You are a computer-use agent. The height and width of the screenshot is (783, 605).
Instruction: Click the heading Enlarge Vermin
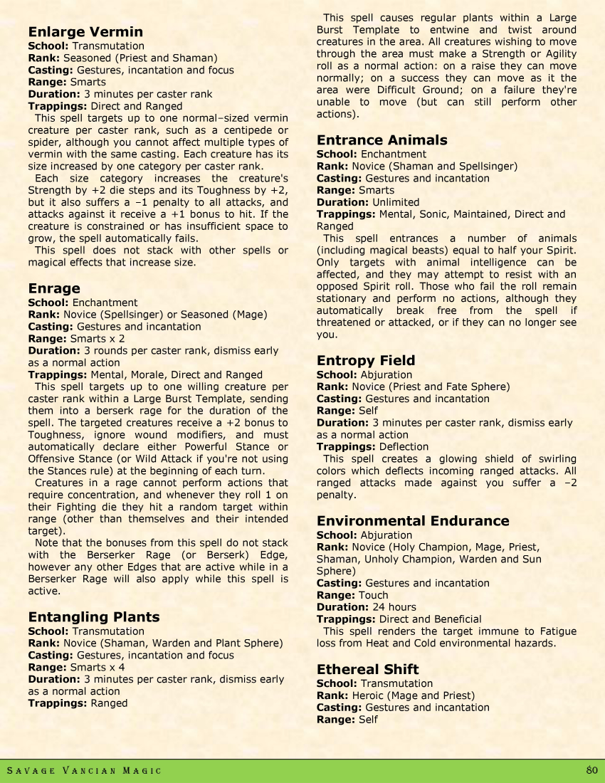pos(85,32)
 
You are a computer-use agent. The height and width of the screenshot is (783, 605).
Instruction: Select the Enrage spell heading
pos(54,288)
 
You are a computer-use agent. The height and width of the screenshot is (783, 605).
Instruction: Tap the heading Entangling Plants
pos(94,617)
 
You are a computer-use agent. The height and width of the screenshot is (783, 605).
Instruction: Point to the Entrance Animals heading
pos(382,140)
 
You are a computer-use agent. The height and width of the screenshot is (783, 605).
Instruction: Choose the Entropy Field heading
pos(366,361)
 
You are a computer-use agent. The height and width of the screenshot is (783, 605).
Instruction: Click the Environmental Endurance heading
pos(413,521)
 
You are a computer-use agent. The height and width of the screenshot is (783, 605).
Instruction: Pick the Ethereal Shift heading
pos(368,670)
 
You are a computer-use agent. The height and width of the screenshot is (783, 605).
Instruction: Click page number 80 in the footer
pos(591,770)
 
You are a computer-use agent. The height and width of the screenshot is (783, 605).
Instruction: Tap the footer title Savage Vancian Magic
pos(84,771)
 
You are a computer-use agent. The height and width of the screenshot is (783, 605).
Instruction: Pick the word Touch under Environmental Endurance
pos(374,595)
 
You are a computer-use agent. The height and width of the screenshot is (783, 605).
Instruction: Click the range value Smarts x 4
pos(98,667)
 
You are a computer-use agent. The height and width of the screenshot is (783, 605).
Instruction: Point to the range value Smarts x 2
pos(98,339)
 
